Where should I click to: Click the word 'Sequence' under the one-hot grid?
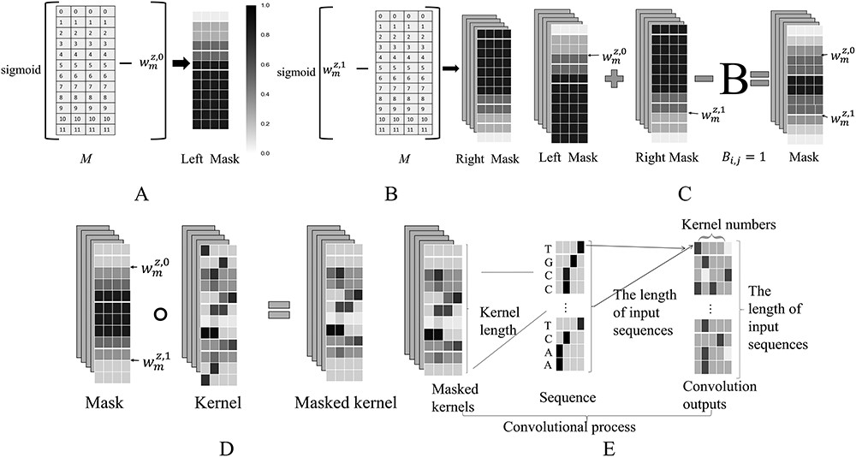click(566, 398)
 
